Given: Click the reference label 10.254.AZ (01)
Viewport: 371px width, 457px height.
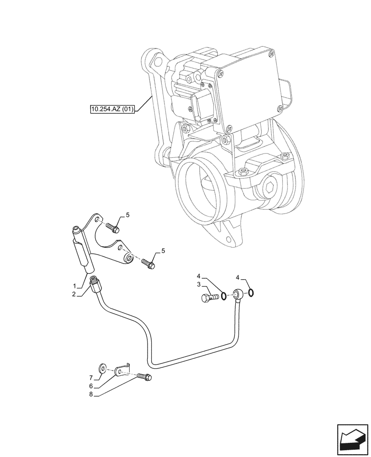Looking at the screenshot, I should pyautogui.click(x=112, y=110).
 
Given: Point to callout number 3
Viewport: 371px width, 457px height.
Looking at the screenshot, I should pyautogui.click(x=199, y=284).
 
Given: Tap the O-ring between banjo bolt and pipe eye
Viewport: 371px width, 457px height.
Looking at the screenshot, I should pyautogui.click(x=223, y=297).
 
